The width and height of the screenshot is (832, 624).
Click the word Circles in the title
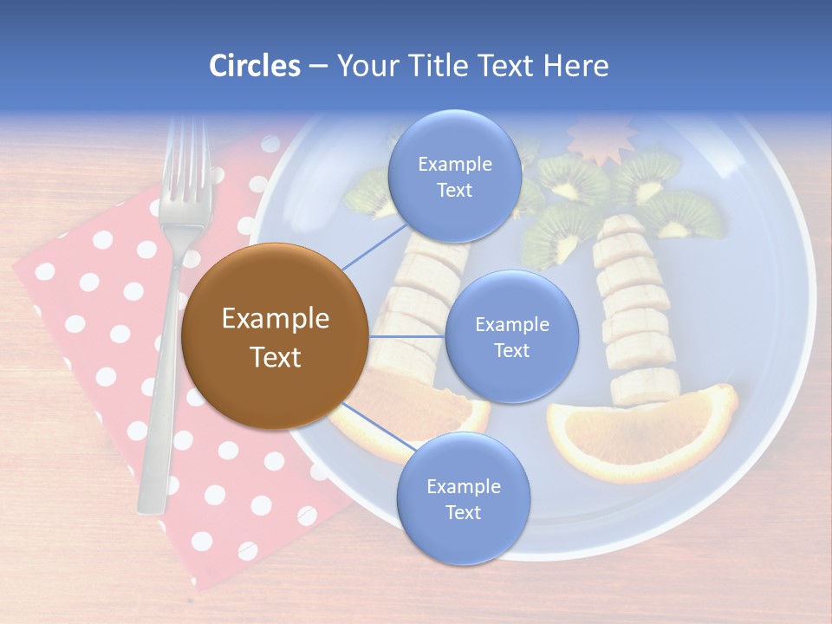tap(254, 66)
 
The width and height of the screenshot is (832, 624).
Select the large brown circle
tap(274, 337)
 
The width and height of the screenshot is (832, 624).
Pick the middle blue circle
tap(512, 337)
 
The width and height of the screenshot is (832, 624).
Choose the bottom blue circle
tap(463, 499)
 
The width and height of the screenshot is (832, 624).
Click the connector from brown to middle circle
tap(406, 336)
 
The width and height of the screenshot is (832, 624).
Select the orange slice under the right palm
tap(641, 433)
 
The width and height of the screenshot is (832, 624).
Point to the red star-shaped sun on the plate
tap(601, 139)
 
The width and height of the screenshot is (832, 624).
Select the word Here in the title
tap(576, 66)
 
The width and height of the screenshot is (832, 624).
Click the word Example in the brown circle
tap(275, 319)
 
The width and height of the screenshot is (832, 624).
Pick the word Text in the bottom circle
tap(463, 512)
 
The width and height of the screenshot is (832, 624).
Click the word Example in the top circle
tap(454, 164)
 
